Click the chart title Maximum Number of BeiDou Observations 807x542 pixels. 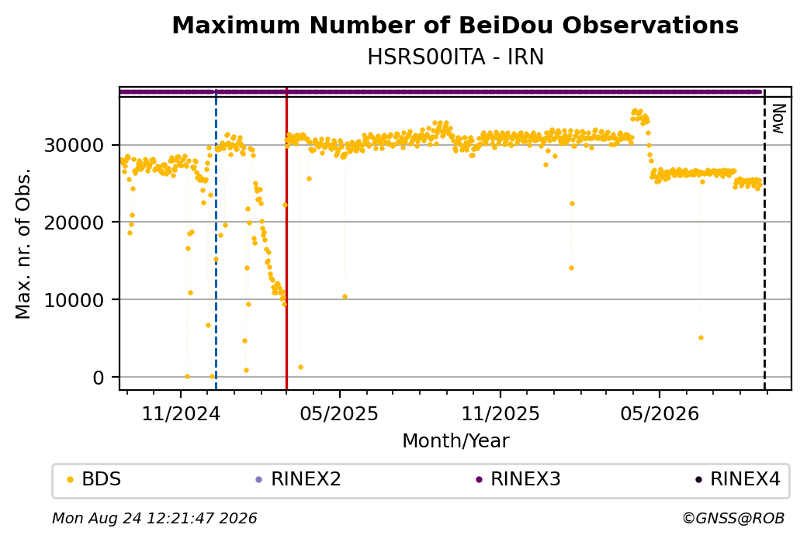tap(455, 25)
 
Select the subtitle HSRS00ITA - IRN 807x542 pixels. tap(455, 57)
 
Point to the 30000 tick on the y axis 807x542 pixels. tap(74, 146)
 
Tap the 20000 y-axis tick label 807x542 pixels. tap(74, 223)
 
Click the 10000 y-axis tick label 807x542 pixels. tap(74, 300)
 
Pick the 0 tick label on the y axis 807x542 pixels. tap(99, 378)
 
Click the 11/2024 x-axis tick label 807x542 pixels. tap(181, 414)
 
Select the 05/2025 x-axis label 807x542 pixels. tap(339, 414)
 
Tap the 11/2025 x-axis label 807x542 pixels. tap(500, 414)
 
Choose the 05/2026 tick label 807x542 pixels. tap(660, 414)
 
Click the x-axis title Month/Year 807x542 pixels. tap(455, 441)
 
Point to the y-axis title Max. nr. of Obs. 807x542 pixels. tap(23, 243)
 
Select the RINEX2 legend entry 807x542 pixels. tap(299, 479)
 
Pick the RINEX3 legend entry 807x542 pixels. tap(518, 479)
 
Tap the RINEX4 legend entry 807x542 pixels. tap(738, 479)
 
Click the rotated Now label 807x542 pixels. tap(778, 119)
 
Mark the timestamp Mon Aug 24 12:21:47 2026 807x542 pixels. tap(154, 518)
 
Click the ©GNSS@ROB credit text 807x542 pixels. tap(733, 518)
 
